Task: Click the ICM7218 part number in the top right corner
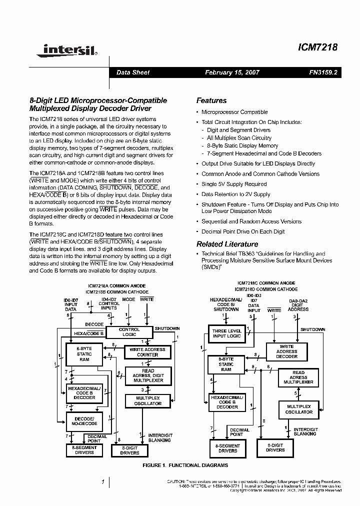point(318,48)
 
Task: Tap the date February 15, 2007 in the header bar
point(232,72)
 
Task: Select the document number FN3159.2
point(323,72)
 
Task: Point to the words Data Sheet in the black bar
point(133,72)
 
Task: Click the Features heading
point(211,100)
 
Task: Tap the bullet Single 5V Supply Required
point(234,184)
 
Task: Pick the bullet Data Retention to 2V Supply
point(235,194)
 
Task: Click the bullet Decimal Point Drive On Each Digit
point(243,231)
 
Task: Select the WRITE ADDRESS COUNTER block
point(147,352)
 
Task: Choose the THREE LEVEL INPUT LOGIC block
point(226,333)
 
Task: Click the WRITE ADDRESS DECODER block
point(286,351)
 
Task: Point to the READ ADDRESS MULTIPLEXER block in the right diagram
point(298,377)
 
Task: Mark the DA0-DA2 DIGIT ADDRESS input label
point(299,306)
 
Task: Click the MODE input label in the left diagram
point(128,299)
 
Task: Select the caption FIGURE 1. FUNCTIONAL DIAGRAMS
point(185,465)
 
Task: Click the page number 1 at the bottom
point(102,482)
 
